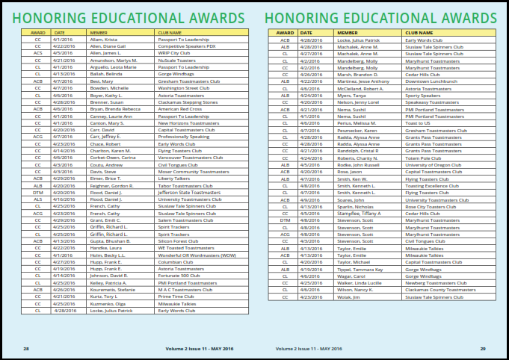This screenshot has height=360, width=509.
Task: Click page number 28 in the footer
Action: click(26, 349)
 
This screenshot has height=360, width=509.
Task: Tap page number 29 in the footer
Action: click(483, 349)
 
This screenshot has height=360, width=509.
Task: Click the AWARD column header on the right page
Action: click(285, 33)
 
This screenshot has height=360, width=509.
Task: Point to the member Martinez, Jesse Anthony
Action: click(363, 81)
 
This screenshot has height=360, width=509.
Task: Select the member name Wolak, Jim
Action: click(349, 297)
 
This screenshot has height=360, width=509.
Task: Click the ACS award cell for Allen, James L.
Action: click(37, 53)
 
